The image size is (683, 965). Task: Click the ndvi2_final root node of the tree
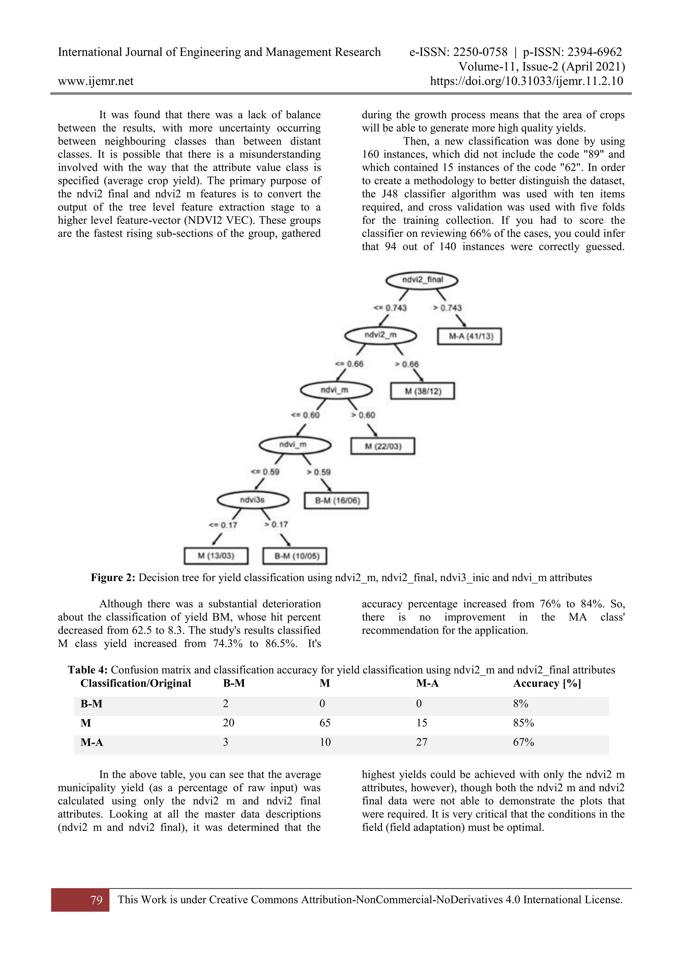[x=422, y=280]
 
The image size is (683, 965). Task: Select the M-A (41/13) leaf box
[x=469, y=336]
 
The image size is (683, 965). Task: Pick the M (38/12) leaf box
[x=423, y=391]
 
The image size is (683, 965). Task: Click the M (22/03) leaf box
[x=383, y=447]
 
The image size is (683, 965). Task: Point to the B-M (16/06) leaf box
[x=336, y=500]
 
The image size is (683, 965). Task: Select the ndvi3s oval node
[x=253, y=500]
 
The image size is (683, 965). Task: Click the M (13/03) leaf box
[x=216, y=556]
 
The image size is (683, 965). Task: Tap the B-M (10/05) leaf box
[x=295, y=556]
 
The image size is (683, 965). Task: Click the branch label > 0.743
[x=448, y=308]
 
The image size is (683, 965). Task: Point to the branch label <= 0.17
[x=223, y=525]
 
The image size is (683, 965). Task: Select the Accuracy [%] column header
[x=547, y=683]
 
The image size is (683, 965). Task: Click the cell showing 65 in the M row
[x=325, y=723]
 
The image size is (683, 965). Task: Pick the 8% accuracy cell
[x=521, y=703]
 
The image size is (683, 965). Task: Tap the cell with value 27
[x=422, y=742]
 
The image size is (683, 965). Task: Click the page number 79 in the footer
[x=96, y=900]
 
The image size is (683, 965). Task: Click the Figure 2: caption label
[x=113, y=578]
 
